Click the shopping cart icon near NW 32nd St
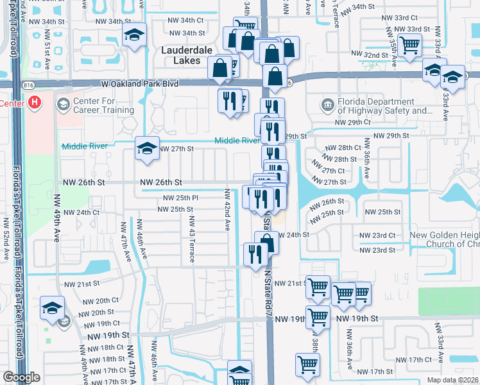(x=409, y=45)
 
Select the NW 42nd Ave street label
(x=227, y=210)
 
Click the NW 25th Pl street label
(x=180, y=198)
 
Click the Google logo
(x=22, y=377)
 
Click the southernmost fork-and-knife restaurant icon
(x=255, y=254)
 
